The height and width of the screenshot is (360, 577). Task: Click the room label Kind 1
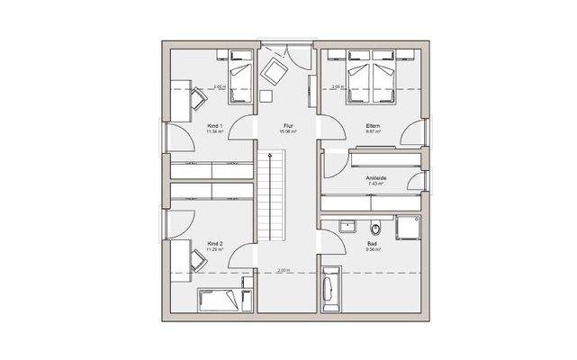214,125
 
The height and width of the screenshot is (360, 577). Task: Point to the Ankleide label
375,177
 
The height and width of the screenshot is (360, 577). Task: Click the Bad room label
372,243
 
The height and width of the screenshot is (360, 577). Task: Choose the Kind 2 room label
214,243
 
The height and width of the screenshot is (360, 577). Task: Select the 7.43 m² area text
375,184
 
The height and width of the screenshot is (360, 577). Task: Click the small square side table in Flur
266,95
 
